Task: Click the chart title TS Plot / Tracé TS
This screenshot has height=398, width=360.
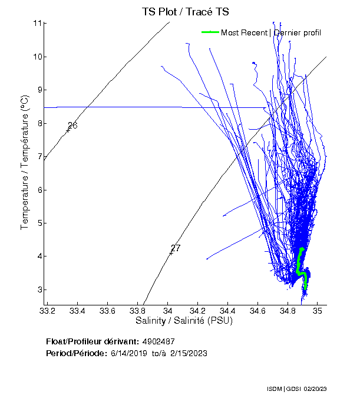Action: (x=185, y=12)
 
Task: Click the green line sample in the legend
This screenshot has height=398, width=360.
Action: (x=210, y=32)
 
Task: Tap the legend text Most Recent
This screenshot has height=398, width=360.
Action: (x=244, y=32)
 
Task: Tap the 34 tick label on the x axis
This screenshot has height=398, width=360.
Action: (x=168, y=311)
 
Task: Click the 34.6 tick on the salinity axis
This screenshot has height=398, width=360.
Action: (x=257, y=311)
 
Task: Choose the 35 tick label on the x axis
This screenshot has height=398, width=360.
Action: (x=318, y=311)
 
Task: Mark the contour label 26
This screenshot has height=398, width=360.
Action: (x=72, y=126)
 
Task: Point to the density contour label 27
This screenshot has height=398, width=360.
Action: (x=176, y=248)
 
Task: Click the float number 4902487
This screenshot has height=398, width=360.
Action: (x=158, y=341)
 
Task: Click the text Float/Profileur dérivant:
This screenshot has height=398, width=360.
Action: (x=93, y=341)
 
